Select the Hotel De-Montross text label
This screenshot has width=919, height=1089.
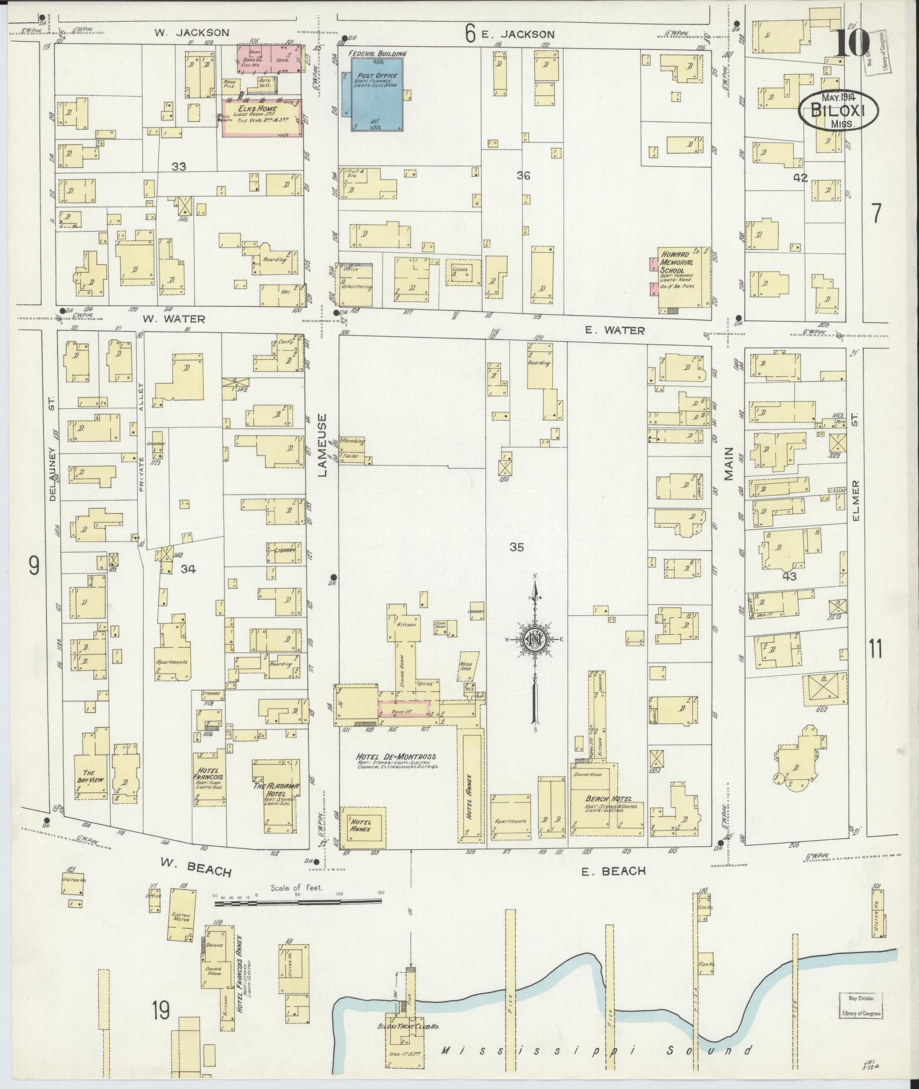coord(397,756)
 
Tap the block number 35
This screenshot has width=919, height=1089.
coord(516,547)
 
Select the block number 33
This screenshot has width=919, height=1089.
coord(179,166)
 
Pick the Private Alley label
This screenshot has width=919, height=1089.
coord(139,426)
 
